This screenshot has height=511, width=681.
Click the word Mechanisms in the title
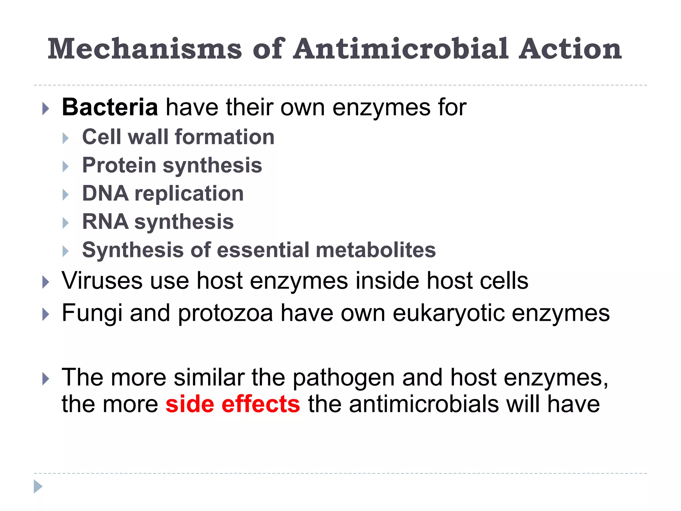pyautogui.click(x=145, y=49)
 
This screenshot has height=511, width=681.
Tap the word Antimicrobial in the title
pyautogui.click(x=400, y=49)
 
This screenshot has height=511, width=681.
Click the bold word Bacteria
pyautogui.click(x=110, y=107)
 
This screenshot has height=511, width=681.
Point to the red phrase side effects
pyautogui.click(x=233, y=404)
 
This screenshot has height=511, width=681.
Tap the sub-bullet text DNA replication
pyautogui.click(x=163, y=193)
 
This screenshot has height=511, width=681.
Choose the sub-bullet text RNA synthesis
pyautogui.click(x=158, y=222)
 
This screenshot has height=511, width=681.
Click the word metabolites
pyautogui.click(x=376, y=250)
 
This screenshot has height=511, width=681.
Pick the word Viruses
pyautogui.click(x=102, y=281)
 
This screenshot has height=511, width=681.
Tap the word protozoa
pyautogui.click(x=225, y=313)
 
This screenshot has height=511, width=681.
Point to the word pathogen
pyautogui.click(x=343, y=378)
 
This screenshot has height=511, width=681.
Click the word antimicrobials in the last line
pyautogui.click(x=424, y=404)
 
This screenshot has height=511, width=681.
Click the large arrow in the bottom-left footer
pyautogui.click(x=38, y=486)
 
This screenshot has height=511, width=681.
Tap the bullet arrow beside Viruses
pyautogui.click(x=46, y=282)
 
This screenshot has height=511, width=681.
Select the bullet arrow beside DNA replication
pyautogui.click(x=66, y=195)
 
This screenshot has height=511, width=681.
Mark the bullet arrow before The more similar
pyautogui.click(x=46, y=379)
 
